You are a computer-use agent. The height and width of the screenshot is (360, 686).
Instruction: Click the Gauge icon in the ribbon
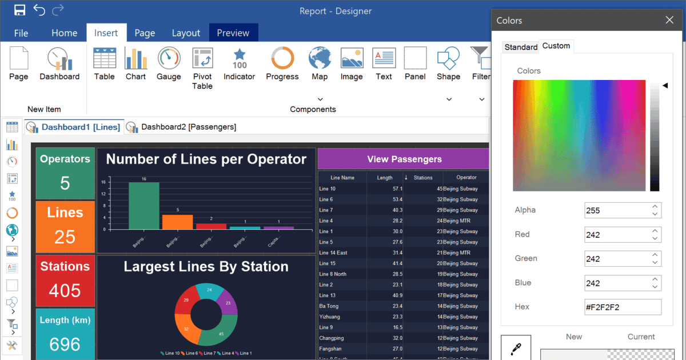click(x=169, y=59)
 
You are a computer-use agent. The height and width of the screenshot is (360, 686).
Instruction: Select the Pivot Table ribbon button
click(x=202, y=59)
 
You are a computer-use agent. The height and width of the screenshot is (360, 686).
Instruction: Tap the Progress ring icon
click(x=282, y=58)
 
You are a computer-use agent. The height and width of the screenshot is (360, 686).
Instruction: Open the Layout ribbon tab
click(x=186, y=33)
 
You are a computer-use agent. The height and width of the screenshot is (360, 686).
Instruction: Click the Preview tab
click(x=233, y=33)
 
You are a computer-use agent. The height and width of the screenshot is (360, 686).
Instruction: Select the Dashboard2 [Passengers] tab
click(x=188, y=127)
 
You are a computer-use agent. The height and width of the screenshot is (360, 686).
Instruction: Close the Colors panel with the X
click(x=669, y=20)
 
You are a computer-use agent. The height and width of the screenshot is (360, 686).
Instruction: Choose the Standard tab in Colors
click(x=521, y=47)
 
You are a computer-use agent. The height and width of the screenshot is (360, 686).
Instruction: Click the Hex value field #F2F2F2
click(x=623, y=307)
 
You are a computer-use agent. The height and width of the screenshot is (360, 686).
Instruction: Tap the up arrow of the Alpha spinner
click(x=655, y=206)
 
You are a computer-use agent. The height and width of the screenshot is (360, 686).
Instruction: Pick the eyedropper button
click(x=516, y=348)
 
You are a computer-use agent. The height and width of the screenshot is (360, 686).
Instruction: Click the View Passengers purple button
click(x=404, y=159)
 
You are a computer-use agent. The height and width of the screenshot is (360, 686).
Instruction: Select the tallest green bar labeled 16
click(x=144, y=206)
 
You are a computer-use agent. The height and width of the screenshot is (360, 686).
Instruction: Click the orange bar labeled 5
click(x=177, y=222)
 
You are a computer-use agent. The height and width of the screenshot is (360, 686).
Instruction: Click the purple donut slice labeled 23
click(x=229, y=303)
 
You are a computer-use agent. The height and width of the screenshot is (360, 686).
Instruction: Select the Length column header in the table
click(x=385, y=178)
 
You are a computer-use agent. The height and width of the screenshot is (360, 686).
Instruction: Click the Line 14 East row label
click(x=333, y=253)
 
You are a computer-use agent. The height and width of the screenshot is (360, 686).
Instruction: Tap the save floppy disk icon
click(x=19, y=10)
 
